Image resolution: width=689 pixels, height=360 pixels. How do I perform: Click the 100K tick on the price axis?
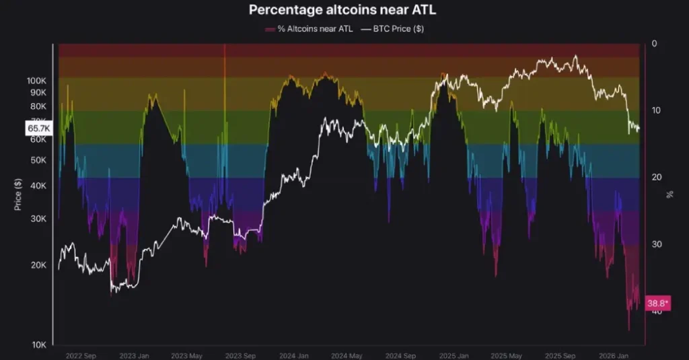[x=36, y=80]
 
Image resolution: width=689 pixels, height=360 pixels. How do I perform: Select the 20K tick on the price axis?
[x=38, y=265]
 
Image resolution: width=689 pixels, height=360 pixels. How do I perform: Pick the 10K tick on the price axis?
[x=38, y=345]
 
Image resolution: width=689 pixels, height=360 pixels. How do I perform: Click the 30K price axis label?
[x=38, y=219]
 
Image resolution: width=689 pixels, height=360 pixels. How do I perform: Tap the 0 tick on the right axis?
[x=654, y=44]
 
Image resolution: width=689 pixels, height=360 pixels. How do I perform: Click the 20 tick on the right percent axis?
[x=656, y=177]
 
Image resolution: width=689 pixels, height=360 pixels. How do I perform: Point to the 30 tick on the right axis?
[x=656, y=244]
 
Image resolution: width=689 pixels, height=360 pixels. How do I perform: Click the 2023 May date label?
[x=187, y=355]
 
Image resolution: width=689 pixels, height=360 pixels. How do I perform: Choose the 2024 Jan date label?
[x=294, y=355]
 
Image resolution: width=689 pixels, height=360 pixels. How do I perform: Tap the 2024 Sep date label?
[x=400, y=355]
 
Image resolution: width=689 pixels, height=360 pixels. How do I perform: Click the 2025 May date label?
[x=506, y=355]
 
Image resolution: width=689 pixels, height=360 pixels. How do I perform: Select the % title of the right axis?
[x=669, y=194]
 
